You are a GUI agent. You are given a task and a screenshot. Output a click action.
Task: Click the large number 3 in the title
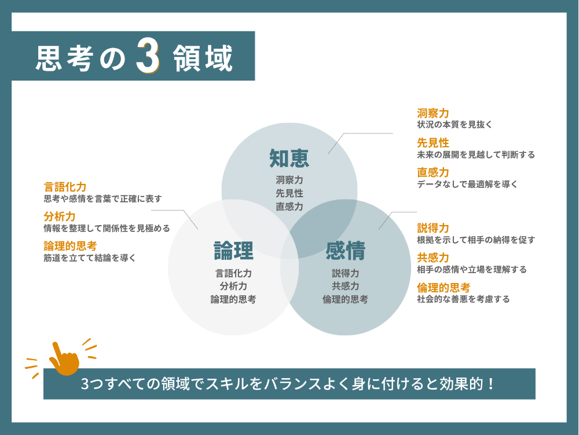[147, 57]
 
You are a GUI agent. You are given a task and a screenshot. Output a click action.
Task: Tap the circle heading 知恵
[289, 158]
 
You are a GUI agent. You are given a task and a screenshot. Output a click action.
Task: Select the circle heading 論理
[233, 251]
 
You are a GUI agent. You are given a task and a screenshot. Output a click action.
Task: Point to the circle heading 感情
[345, 251]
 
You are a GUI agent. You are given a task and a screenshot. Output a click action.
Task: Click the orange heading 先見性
[433, 143]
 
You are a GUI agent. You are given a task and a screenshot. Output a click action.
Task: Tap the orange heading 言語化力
[65, 187]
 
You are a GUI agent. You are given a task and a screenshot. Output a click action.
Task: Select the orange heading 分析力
[60, 216]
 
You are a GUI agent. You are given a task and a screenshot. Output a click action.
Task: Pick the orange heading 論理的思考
[70, 245]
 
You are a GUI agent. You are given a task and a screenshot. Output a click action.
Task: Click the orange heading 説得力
[433, 228]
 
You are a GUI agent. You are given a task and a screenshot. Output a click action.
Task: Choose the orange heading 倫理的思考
[444, 287]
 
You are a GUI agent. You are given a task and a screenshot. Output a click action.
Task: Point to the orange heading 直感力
[433, 172]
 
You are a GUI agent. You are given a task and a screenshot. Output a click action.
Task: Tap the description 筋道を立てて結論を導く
[90, 258]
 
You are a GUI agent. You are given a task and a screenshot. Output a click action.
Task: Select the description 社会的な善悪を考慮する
[463, 299]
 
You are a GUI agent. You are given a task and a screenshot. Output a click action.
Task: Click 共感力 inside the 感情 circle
[345, 286]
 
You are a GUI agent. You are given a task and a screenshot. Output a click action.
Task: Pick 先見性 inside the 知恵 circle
[289, 193]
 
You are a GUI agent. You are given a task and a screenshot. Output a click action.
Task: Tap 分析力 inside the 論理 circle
[233, 286]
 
